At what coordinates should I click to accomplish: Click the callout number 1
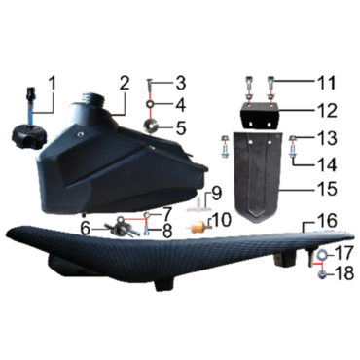(53, 83)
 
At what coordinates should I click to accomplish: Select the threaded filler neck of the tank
(95, 98)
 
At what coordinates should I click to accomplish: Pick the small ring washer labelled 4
(151, 104)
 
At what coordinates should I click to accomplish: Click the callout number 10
(222, 220)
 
